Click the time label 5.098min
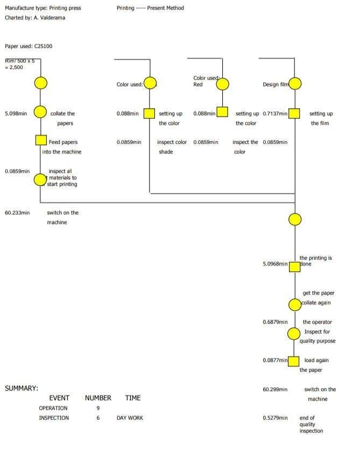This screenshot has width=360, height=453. click(16, 114)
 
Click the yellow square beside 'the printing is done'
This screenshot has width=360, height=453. click(295, 267)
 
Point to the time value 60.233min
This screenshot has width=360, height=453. click(17, 213)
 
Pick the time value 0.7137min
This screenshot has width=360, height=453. click(275, 114)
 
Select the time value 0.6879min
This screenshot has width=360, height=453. click(275, 322)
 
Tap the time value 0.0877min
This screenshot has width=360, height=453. click(275, 360)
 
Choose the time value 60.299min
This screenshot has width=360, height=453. click(275, 389)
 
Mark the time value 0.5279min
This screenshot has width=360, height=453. click(275, 418)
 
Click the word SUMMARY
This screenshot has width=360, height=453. click(21, 388)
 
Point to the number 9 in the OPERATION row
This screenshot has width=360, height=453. click(98, 408)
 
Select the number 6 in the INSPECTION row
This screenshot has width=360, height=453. click(98, 418)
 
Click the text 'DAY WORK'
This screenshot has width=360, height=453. click(130, 418)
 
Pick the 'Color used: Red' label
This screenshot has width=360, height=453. click(204, 81)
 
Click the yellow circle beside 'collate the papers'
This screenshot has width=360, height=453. click(40, 112)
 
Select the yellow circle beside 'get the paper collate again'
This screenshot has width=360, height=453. click(295, 304)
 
